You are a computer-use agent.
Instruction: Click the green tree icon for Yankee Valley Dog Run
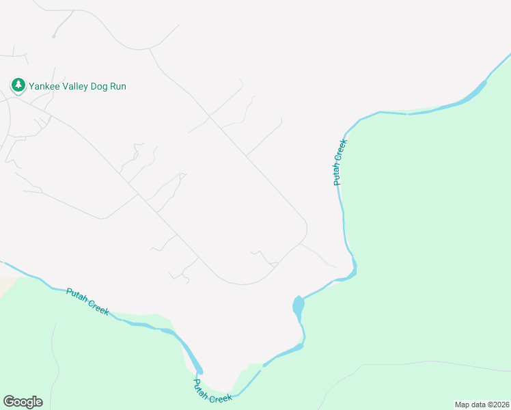[18, 85]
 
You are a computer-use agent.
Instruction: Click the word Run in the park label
[119, 86]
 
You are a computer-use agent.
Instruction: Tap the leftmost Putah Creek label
[87, 301]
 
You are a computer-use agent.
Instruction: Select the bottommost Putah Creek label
[212, 391]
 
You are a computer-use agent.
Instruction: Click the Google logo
[23, 402]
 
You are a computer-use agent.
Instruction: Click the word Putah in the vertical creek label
[337, 174]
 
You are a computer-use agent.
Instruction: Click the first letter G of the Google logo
[8, 402]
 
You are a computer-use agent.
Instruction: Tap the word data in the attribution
[478, 404]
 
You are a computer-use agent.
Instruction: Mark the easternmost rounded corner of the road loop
[306, 228]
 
